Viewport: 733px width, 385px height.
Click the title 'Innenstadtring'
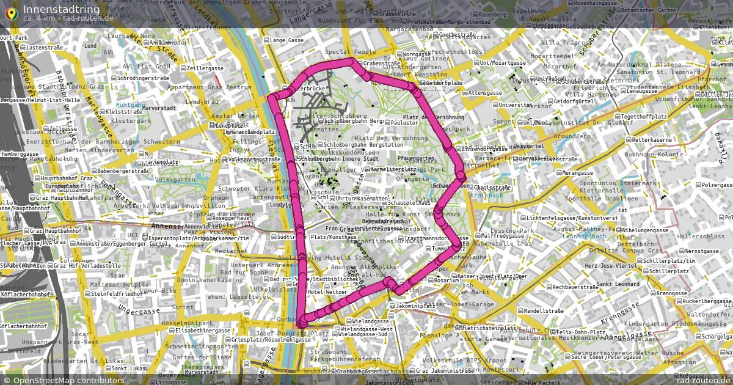tap(61, 9)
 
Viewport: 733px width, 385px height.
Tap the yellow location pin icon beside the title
tap(10, 13)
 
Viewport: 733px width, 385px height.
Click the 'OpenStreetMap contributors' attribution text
tap(68, 380)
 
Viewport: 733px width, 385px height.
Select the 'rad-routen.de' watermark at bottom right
tap(703, 380)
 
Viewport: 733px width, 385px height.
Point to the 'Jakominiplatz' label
tap(415, 305)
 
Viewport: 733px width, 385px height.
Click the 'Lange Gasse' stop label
tap(286, 40)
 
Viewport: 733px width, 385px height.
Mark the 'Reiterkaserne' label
tap(651, 140)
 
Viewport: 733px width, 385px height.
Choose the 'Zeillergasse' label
tap(207, 68)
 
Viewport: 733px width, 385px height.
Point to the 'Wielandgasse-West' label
tap(369, 328)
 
